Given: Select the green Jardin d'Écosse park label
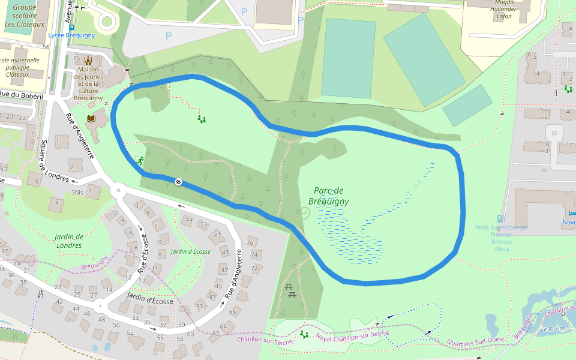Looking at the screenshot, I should [x=190, y=251].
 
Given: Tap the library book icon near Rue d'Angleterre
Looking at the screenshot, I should [x=91, y=119].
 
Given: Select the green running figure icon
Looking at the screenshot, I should [x=140, y=161].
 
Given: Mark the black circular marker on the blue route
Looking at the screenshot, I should [x=178, y=182].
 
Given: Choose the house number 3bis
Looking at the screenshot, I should [x=77, y=193].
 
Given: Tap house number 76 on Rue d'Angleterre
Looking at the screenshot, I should [x=250, y=242].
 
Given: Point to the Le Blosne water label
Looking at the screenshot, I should [x=553, y=329].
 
